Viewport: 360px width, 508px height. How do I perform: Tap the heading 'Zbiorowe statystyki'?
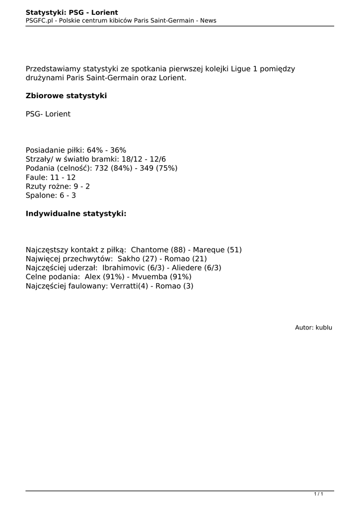click(66, 96)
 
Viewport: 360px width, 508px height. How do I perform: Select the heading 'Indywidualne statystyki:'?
click(76, 214)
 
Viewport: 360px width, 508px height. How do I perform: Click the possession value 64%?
click(95, 150)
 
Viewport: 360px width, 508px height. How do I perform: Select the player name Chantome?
click(149, 250)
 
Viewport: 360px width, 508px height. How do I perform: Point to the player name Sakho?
click(129, 259)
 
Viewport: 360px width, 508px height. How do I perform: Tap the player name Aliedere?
click(187, 268)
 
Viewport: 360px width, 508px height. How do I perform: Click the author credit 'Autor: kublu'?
click(313, 328)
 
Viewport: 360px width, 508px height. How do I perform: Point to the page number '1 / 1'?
click(319, 494)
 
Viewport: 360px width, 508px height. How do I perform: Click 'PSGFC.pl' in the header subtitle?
click(39, 20)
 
